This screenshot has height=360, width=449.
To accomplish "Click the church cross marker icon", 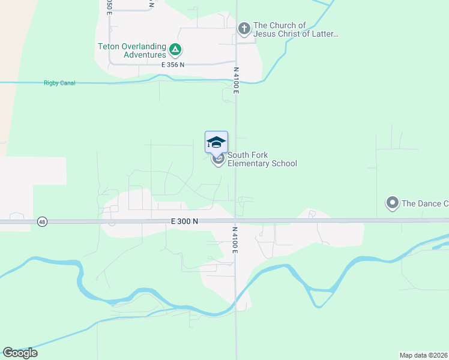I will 244,28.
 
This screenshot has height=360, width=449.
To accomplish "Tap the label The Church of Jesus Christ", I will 295,29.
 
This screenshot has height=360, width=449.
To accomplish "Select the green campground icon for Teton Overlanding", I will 175,49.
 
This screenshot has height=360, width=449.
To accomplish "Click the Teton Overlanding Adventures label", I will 132,50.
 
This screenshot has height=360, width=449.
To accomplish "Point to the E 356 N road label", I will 173,64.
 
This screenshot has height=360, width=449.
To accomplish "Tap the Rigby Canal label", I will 59,83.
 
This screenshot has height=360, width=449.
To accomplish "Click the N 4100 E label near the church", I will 237,80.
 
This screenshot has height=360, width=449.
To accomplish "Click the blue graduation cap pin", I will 216,143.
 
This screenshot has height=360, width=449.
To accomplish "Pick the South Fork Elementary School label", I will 262,159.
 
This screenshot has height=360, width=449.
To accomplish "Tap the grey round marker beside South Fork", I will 218,159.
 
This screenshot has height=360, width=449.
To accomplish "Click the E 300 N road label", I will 184,221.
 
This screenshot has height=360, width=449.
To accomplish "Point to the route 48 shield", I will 41,221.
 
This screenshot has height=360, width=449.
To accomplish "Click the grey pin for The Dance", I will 393,203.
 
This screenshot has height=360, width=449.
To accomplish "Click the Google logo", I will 20,353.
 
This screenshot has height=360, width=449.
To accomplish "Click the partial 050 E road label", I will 109,6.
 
